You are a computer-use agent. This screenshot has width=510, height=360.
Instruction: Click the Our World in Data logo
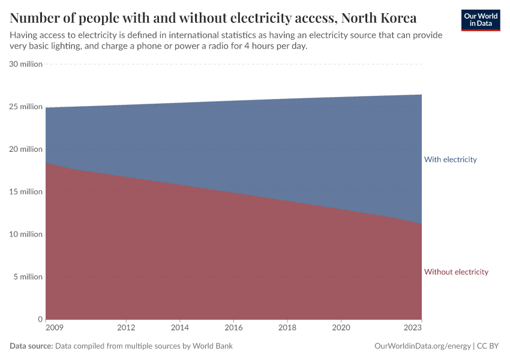coord(480,20)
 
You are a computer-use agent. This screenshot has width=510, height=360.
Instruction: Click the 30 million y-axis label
coord(26,64)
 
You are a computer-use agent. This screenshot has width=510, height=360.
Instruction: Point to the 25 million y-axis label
coord(26,107)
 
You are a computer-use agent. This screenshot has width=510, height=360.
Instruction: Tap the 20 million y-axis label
coord(26,149)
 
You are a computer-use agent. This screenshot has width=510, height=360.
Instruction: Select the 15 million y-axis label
coord(26,192)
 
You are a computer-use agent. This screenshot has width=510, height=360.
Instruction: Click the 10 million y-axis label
coord(26,235)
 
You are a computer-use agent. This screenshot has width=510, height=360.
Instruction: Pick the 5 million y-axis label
coord(28,277)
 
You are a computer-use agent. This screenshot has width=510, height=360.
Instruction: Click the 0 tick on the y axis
coord(40,319)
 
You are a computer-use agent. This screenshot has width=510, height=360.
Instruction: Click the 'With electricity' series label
coord(450,160)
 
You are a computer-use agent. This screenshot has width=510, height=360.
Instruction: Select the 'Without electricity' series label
coord(456,272)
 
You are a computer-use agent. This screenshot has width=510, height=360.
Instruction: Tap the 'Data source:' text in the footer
coord(31,346)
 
